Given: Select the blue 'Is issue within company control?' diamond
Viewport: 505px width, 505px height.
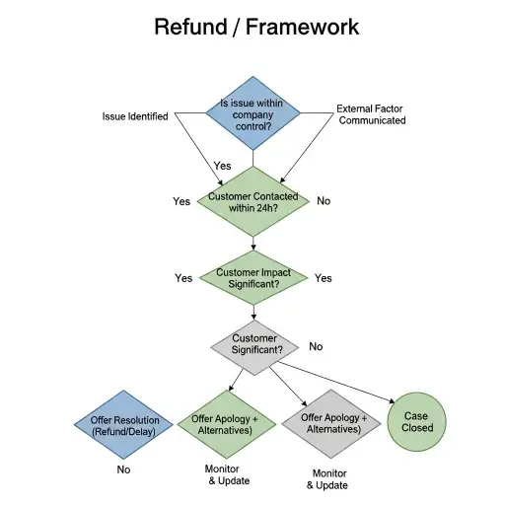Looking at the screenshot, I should click(252, 114).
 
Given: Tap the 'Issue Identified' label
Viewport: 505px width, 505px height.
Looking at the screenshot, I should click(135, 115).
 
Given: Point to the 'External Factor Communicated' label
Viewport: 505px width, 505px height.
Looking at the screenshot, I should click(371, 114).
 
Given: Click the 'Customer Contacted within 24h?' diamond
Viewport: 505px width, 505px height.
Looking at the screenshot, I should click(252, 201).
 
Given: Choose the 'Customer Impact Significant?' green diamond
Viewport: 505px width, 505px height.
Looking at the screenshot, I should click(252, 278).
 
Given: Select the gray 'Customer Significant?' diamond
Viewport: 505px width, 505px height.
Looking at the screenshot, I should click(254, 345).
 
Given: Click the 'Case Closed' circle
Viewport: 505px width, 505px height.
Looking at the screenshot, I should click(417, 422).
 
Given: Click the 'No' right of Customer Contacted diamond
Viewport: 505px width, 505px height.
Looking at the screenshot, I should click(324, 201).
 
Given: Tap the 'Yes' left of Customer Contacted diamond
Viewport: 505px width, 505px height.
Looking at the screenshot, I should click(181, 201).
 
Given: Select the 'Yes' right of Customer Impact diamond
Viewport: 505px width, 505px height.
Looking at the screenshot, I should click(324, 278).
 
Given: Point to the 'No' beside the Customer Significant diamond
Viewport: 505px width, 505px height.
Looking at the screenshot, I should click(316, 346).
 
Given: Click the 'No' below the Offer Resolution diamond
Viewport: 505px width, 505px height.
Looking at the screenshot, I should click(123, 469).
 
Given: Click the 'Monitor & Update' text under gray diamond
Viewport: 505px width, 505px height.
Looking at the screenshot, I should click(326, 479).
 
